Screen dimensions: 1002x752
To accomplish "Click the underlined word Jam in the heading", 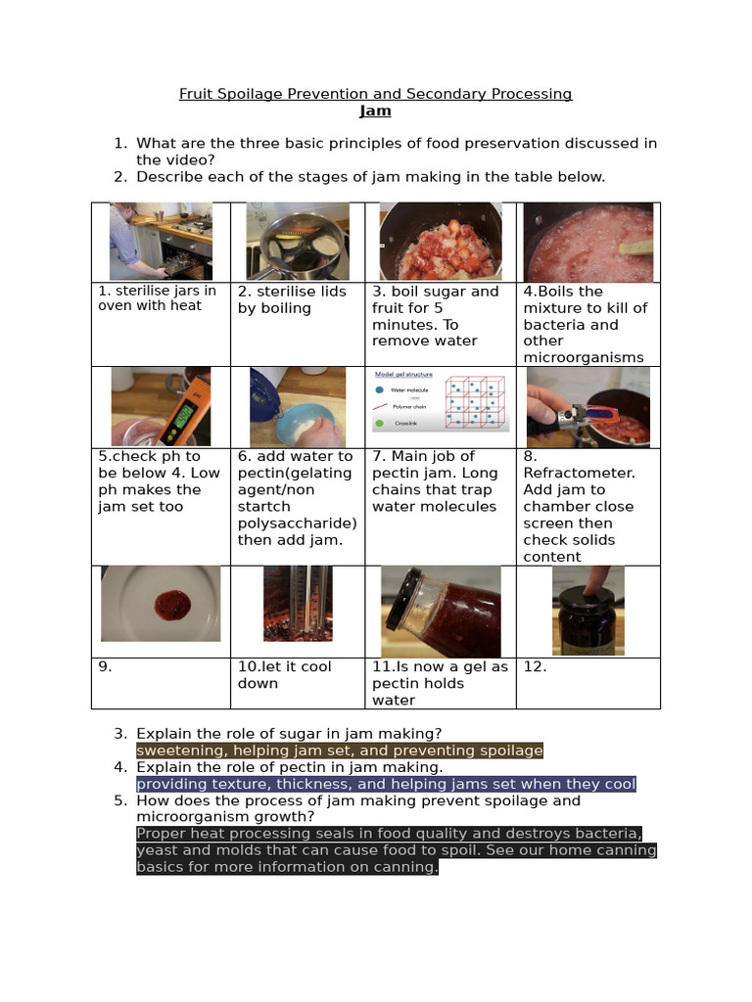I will pyautogui.click(x=375, y=111).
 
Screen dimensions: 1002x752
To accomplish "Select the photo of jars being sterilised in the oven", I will pyautogui.click(x=161, y=242).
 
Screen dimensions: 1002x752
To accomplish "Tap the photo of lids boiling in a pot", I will pyautogui.click(x=298, y=242).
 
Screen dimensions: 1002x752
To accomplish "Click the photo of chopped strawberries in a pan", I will pyautogui.click(x=440, y=242).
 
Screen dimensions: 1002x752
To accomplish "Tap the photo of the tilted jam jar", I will pyautogui.click(x=440, y=612).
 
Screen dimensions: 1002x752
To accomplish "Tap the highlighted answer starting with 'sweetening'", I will pyautogui.click(x=339, y=751).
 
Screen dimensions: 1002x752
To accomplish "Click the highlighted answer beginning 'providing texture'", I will pyautogui.click(x=386, y=784).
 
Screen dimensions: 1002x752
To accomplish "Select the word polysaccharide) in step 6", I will pyautogui.click(x=297, y=524).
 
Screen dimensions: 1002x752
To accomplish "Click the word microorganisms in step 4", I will pyautogui.click(x=584, y=357).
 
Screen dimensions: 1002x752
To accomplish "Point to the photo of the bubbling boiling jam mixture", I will pyautogui.click(x=587, y=242).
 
